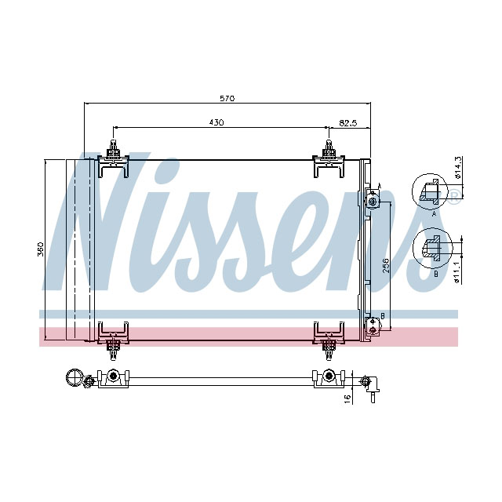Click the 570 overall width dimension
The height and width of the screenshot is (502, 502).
coord(227,98)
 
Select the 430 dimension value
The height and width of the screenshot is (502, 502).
coord(216,122)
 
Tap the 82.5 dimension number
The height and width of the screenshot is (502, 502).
coord(347,122)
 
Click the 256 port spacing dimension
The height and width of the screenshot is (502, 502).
coord(386,267)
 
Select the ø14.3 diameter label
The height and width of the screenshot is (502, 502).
coord(457,168)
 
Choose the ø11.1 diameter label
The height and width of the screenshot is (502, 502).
coord(457,275)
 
